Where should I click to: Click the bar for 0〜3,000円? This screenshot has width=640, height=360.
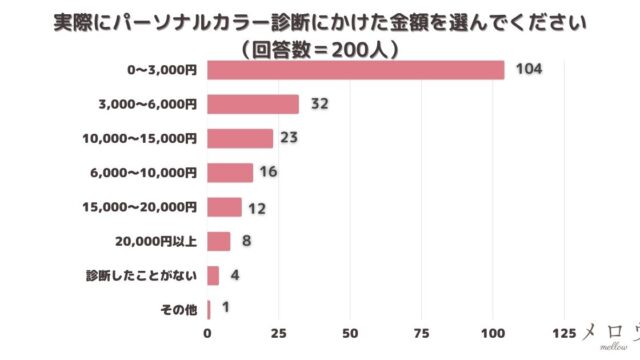click(355, 70)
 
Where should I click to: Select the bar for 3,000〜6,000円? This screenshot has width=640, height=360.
click(253, 104)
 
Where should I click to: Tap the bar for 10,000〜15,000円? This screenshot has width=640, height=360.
click(240, 138)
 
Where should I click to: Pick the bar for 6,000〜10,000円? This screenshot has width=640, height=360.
click(230, 173)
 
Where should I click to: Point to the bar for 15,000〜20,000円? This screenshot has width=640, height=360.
click(224, 207)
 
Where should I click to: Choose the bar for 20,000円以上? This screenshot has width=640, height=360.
click(218, 241)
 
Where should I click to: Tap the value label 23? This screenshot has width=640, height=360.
click(290, 138)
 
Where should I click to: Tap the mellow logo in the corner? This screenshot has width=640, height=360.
click(610, 335)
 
